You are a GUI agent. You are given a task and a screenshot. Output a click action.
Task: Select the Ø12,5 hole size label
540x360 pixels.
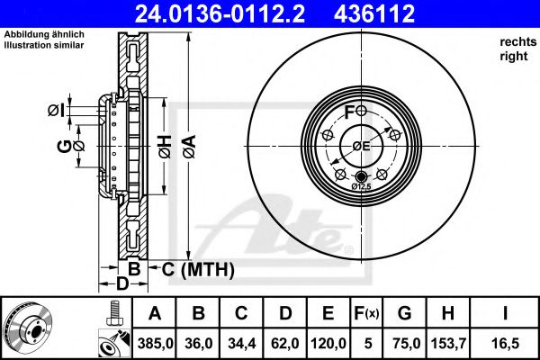click(362, 186)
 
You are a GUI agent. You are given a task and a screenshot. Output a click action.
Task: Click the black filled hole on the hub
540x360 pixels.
click(362, 175)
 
